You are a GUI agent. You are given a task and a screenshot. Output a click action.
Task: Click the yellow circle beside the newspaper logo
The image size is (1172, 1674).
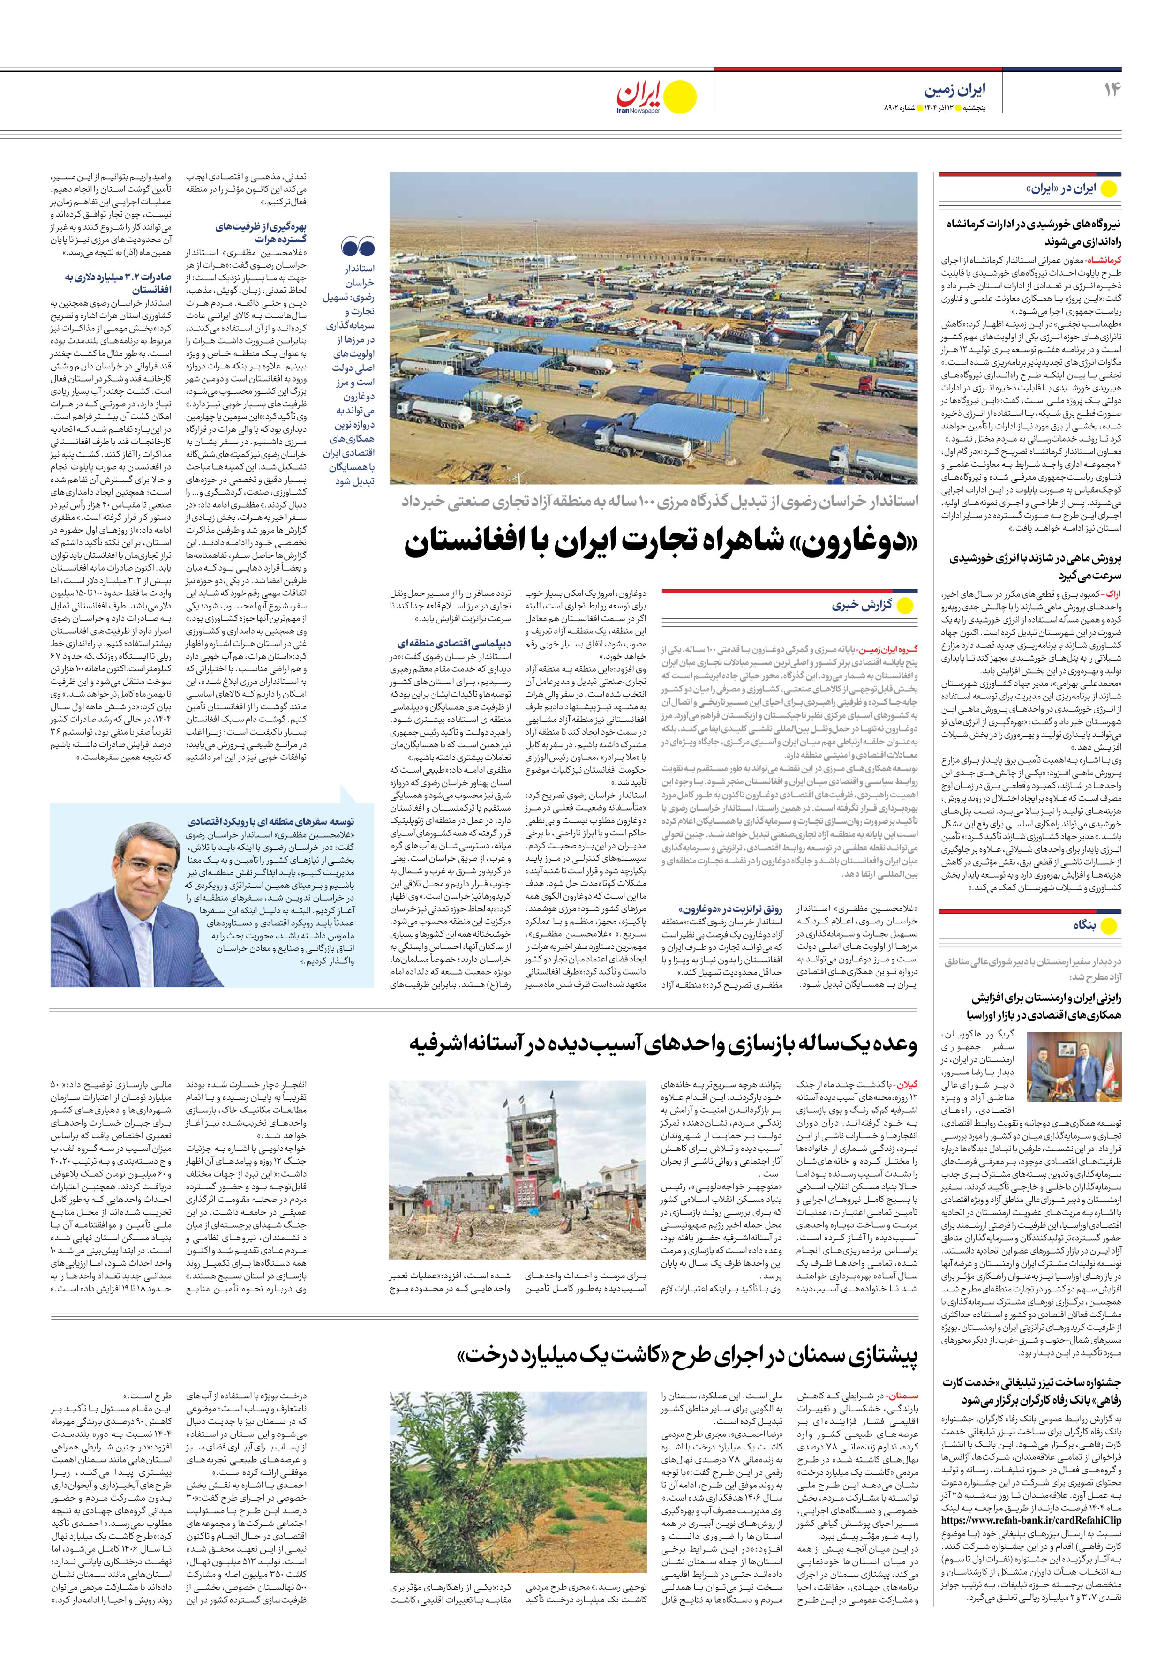(680, 96)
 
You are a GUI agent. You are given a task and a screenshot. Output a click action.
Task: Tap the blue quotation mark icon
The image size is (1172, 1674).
(357, 247)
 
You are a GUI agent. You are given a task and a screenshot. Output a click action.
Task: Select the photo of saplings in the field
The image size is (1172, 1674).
(518, 1480)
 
